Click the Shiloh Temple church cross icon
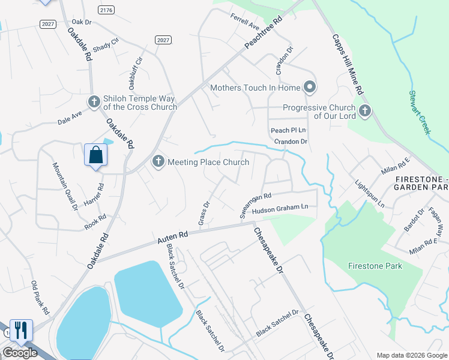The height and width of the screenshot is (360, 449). (94, 102)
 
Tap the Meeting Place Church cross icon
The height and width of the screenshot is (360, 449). (158, 161)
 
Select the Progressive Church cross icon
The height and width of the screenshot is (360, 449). (364, 110)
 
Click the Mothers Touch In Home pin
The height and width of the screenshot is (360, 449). (310, 88)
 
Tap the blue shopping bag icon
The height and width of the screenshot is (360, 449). (95, 155)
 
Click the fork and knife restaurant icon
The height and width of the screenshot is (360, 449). (21, 329)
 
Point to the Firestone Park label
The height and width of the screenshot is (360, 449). (375, 265)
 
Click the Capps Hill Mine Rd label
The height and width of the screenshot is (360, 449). (348, 63)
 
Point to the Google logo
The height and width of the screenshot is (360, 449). (20, 353)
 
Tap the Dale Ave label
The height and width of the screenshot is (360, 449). (70, 116)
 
